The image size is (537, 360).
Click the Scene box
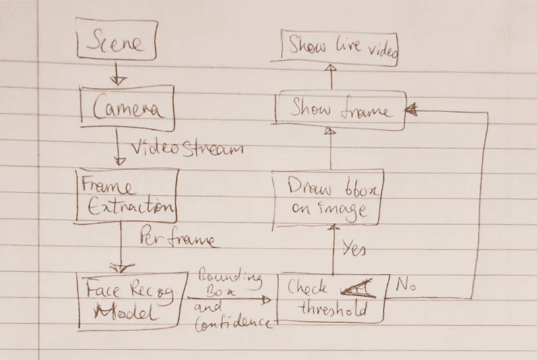click(117, 44)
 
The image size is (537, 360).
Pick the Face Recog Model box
click(128, 300)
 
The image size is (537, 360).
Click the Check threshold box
click(331, 299)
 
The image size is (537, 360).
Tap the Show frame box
click(340, 110)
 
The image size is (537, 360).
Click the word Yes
click(354, 249)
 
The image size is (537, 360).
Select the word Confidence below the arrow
click(234, 322)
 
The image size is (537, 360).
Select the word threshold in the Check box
click(332, 310)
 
